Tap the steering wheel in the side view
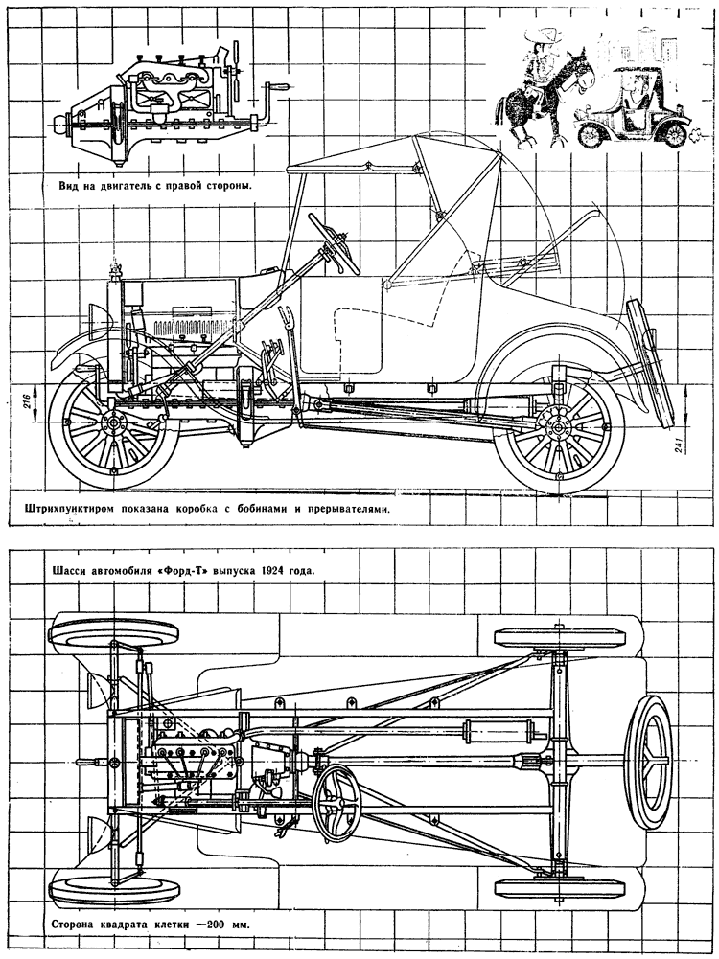click(335, 243)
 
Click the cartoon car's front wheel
click(591, 134)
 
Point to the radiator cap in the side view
click(114, 269)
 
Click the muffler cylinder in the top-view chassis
click(498, 729)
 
